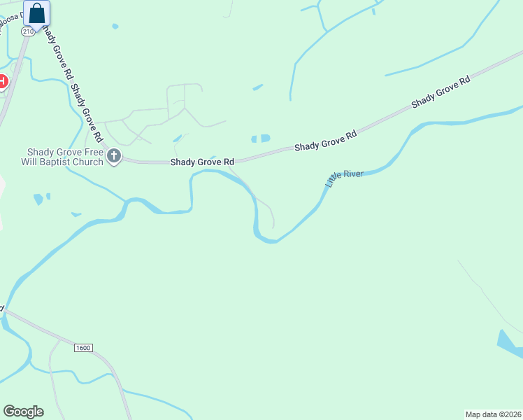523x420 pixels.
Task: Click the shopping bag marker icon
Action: (x=36, y=14)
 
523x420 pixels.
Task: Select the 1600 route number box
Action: (x=82, y=348)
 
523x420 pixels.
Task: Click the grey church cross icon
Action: (x=114, y=157)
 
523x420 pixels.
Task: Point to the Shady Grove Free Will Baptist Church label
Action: (x=64, y=157)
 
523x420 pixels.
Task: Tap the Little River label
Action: (x=345, y=178)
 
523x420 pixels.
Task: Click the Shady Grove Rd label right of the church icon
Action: (x=202, y=162)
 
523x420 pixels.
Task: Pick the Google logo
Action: (x=23, y=412)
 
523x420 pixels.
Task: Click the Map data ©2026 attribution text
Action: (x=493, y=414)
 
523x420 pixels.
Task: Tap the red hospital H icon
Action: (x=2, y=82)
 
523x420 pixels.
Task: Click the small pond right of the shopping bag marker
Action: (x=115, y=27)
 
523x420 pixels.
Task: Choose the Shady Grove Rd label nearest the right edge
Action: (x=440, y=92)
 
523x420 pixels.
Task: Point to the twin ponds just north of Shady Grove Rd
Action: (x=261, y=139)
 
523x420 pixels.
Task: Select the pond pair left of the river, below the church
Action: (x=41, y=199)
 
